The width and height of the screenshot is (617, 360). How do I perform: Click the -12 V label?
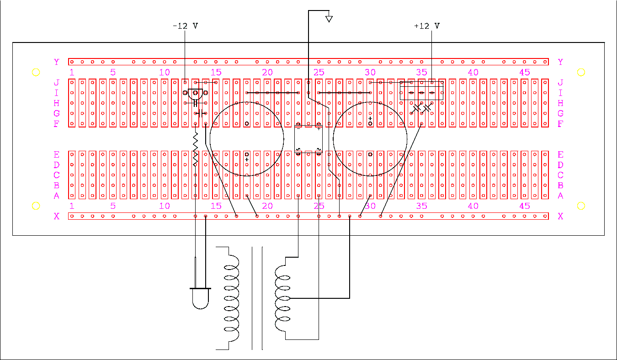(185, 26)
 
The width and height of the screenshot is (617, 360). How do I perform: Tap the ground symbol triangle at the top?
(329, 19)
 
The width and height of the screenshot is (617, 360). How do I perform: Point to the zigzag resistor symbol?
(195, 148)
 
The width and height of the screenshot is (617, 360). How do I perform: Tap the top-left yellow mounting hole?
(36, 72)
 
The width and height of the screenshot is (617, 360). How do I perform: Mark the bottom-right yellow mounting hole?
(581, 206)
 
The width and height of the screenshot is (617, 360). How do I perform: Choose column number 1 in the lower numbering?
(72, 206)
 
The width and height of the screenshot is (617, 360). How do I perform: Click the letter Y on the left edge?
(57, 62)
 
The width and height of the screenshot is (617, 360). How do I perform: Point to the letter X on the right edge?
(560, 216)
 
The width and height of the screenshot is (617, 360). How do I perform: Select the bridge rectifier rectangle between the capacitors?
(308, 138)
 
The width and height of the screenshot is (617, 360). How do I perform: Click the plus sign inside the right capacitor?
(370, 118)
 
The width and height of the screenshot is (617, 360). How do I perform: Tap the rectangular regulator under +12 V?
(421, 90)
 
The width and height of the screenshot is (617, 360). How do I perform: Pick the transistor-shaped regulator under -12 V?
(195, 93)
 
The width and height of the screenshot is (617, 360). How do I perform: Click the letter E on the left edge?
(57, 155)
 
